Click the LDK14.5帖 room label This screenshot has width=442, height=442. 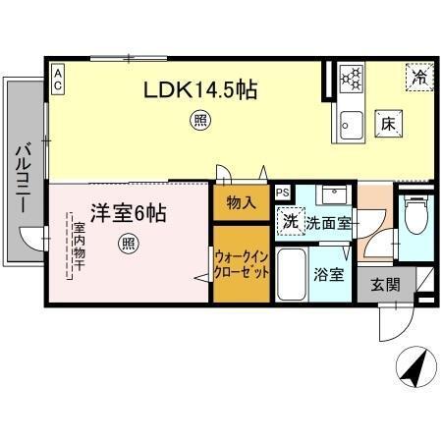point(200,90)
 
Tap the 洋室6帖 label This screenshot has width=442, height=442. point(129,212)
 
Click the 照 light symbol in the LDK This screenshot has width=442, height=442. point(199,122)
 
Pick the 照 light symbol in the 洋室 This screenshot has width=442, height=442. point(128,243)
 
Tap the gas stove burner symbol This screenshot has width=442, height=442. point(351,77)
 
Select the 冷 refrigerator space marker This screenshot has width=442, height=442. point(419,76)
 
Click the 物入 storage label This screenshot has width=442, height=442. point(241,204)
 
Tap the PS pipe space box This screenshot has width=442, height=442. point(283,193)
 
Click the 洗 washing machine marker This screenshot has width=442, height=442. point(291,222)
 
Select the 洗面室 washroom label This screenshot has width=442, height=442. point(327,223)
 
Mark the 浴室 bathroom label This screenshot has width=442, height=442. point(329,274)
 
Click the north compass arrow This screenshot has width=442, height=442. point(413,370)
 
